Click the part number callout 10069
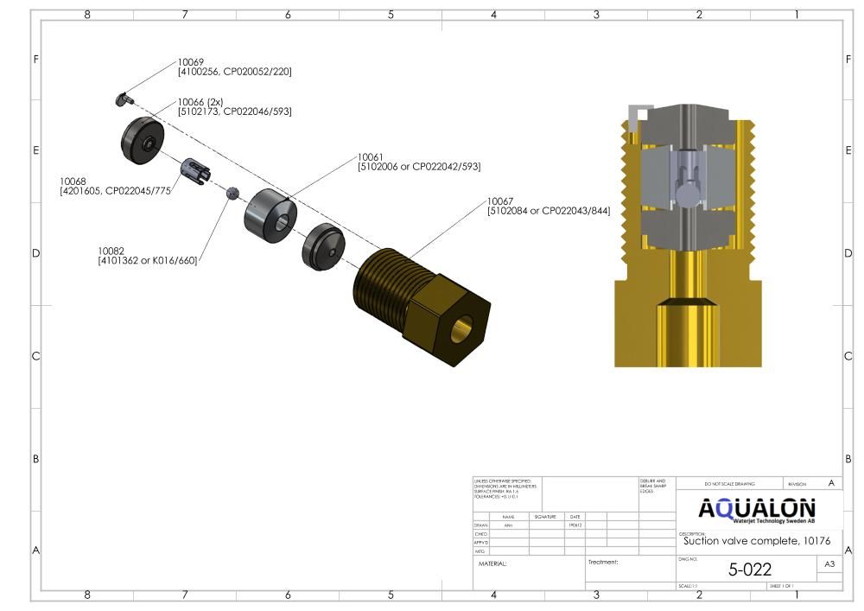pos(190,62)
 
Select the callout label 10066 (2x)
pos(200,102)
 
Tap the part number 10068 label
pos(73,181)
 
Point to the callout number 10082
pos(111,251)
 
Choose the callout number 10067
pos(500,200)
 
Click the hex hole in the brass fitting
pos(463,328)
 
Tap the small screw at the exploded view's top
pos(122,99)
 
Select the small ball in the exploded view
pos(232,193)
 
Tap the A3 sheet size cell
pos(829,564)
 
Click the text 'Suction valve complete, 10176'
pos(756,542)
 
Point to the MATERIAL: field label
pos(492,563)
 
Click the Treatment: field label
pos(603,562)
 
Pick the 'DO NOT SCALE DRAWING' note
pos(729,484)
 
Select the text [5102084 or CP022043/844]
pos(549,210)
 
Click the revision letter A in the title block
pos(831,483)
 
